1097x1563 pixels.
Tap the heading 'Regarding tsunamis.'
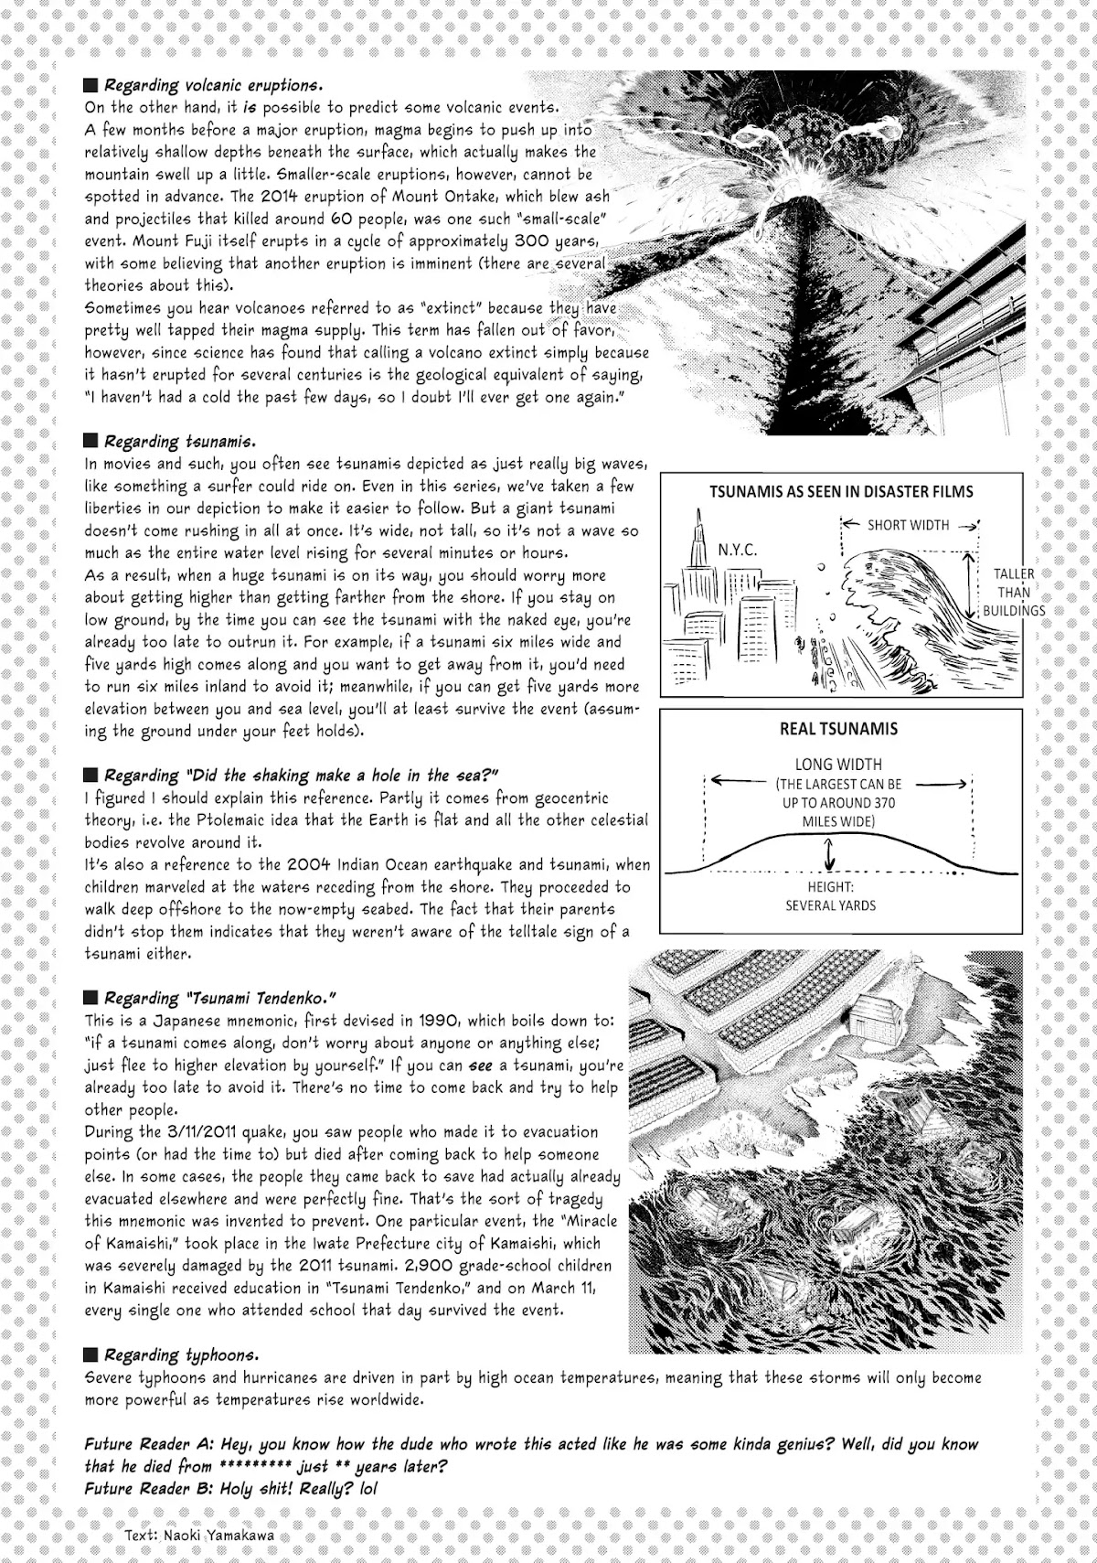179,442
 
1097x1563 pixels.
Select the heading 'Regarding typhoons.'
181,1354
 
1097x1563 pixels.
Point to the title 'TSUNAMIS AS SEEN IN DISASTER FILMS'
841,491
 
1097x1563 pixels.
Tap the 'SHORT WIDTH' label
908,525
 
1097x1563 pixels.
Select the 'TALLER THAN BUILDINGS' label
1013,592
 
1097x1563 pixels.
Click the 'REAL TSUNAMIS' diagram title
837,729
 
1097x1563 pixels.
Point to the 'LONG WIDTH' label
838,765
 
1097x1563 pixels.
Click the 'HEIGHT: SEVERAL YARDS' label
830,896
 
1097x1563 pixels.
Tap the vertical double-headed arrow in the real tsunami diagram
829,854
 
